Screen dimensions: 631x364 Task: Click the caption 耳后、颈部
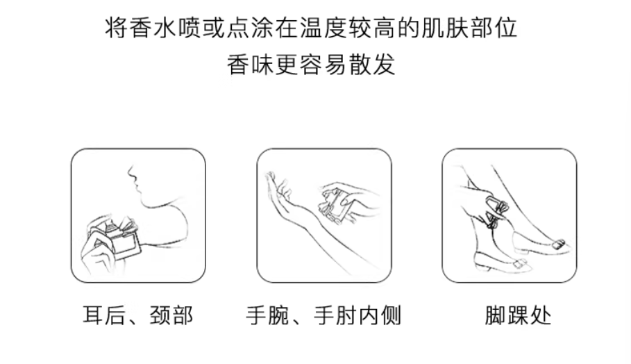point(138,315)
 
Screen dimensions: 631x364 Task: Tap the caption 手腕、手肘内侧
point(323,315)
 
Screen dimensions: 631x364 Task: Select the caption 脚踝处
point(518,315)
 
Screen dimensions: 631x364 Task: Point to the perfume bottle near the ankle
point(494,210)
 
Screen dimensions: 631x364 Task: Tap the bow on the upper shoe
point(559,244)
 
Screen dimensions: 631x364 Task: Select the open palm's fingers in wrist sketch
point(277,183)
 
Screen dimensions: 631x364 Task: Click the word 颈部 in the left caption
point(171,315)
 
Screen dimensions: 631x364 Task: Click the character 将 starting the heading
point(117,28)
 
